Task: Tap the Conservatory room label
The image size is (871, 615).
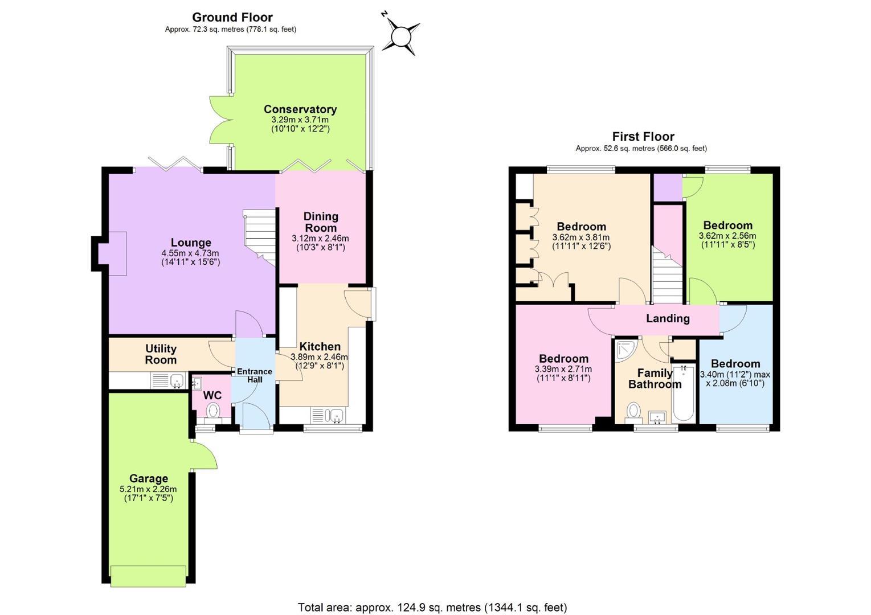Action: click(x=300, y=109)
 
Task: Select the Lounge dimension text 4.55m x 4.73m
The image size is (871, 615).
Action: click(x=190, y=253)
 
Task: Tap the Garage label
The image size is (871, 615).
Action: click(x=149, y=478)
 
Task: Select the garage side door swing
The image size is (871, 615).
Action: click(x=204, y=456)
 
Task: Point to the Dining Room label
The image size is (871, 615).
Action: click(x=321, y=222)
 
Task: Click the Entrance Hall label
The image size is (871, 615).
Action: click(x=255, y=375)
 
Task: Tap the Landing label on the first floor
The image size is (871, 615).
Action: click(x=668, y=318)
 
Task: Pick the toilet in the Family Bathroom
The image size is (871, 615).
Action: click(x=634, y=412)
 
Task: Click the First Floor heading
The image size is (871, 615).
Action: click(x=643, y=137)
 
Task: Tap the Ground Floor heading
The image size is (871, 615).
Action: click(x=232, y=17)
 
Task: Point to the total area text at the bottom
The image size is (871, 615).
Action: click(x=432, y=607)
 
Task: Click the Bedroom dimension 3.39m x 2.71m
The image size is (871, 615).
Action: click(x=563, y=369)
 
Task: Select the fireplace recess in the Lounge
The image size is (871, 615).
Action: click(x=112, y=253)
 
